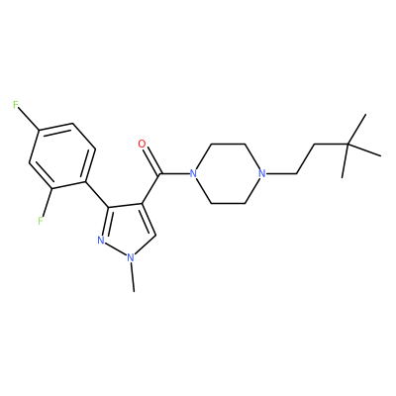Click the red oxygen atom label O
142,144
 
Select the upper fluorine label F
15,105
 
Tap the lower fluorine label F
41,221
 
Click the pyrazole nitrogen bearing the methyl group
131,257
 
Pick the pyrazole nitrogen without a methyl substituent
101,241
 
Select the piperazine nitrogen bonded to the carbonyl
193,173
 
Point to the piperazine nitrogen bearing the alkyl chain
262,173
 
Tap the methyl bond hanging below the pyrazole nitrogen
133,277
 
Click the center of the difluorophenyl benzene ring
62,155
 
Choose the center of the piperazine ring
228,173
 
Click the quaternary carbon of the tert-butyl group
348,145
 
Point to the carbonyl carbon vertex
159,173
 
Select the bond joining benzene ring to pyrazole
97,194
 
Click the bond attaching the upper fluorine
29,120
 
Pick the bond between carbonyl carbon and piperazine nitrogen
174,173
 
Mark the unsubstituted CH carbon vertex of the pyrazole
156,235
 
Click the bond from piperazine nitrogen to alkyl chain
281,173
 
